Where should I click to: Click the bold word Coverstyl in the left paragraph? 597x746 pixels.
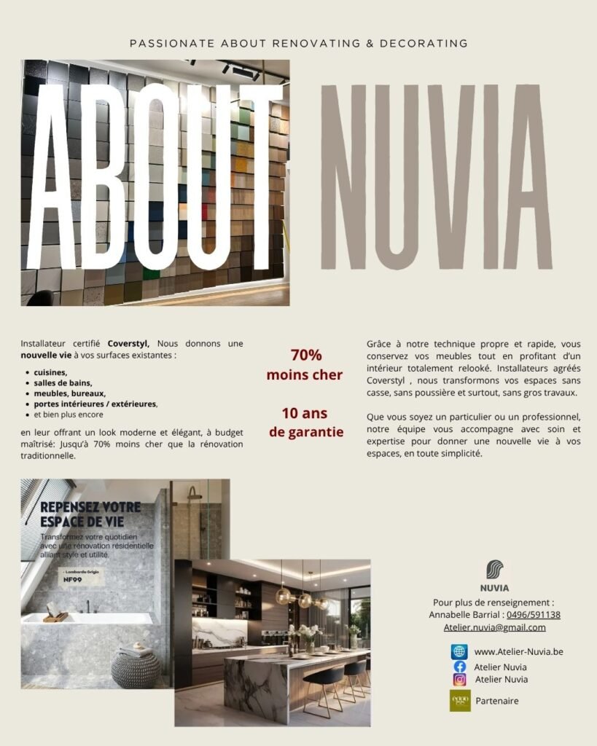[128, 343]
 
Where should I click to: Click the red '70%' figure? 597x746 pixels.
[305, 356]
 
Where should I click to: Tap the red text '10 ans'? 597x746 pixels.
[305, 414]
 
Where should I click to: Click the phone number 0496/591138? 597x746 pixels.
[534, 615]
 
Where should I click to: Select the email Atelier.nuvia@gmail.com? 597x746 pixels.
[494, 627]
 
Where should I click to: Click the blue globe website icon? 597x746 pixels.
[459, 651]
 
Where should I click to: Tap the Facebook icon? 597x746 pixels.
[459, 667]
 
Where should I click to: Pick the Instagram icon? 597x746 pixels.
[459, 680]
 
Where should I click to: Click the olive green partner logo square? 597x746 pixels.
[460, 701]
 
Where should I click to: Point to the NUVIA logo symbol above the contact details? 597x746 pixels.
[494, 570]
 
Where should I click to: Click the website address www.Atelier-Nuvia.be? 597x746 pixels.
[518, 651]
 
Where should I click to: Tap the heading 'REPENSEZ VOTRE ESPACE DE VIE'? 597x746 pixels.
[91, 514]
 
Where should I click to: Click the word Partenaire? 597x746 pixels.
[497, 701]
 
